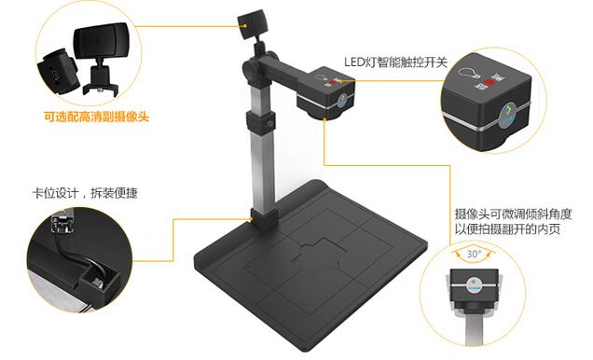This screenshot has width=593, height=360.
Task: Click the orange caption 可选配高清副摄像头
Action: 97,118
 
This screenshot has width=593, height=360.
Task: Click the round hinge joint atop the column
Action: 253,67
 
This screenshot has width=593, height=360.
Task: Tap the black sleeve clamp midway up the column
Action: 253,122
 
